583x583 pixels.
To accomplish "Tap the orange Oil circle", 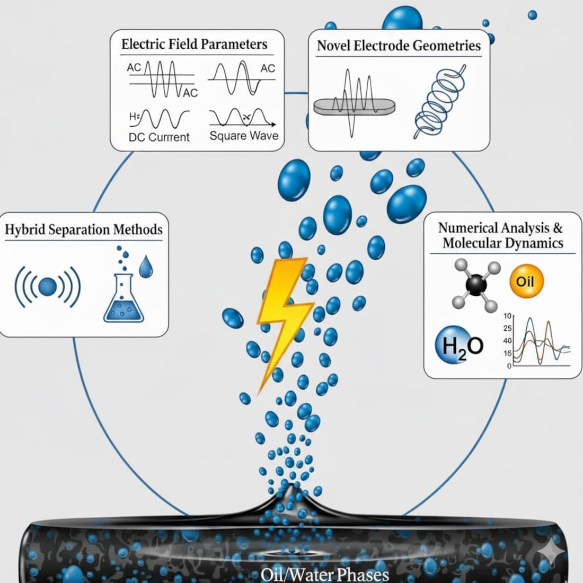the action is pyautogui.click(x=525, y=281).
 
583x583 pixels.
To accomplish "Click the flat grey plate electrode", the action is pyautogui.click(x=354, y=106).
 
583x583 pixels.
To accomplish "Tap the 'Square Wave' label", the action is pyautogui.click(x=243, y=136).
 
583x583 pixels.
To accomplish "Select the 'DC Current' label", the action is pyautogui.click(x=159, y=137).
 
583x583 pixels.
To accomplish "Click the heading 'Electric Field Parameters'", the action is pyautogui.click(x=195, y=44).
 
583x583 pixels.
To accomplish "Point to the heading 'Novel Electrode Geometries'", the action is pyautogui.click(x=399, y=46).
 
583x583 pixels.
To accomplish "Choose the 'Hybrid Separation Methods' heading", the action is pyautogui.click(x=84, y=229).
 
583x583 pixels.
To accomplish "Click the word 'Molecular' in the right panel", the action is pyautogui.click(x=474, y=243).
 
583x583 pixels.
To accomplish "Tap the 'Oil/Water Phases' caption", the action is pyautogui.click(x=325, y=574).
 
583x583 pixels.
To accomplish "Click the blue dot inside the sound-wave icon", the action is pyautogui.click(x=47, y=287).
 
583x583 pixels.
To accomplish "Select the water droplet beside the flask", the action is pyautogui.click(x=145, y=267).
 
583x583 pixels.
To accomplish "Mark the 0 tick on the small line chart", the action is pyautogui.click(x=509, y=366).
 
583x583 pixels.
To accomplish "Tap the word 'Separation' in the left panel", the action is pyautogui.click(x=83, y=230).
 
